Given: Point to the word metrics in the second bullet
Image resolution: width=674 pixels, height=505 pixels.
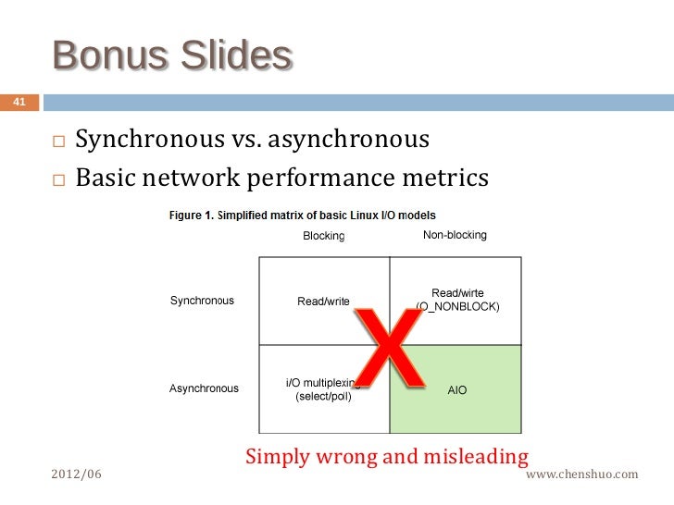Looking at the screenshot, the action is tap(443, 177).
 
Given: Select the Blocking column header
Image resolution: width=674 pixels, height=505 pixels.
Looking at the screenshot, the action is tap(324, 236).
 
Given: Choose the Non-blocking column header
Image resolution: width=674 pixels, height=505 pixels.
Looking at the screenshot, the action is tap(455, 235).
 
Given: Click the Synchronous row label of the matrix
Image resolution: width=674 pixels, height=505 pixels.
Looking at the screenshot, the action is tap(202, 301).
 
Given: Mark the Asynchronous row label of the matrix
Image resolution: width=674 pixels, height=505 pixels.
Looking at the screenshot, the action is tap(204, 388).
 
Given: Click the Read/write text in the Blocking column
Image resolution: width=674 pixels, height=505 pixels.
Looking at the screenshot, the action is tap(323, 302).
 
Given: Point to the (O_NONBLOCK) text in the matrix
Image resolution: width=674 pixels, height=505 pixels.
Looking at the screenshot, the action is tap(458, 306).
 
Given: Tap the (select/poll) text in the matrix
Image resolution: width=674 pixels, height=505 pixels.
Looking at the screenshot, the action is tap(323, 397).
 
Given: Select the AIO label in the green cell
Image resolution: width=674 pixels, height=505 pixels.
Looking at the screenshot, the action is tap(457, 390).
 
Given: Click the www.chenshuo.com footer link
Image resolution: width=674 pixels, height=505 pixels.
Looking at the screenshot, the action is tap(581, 474).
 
